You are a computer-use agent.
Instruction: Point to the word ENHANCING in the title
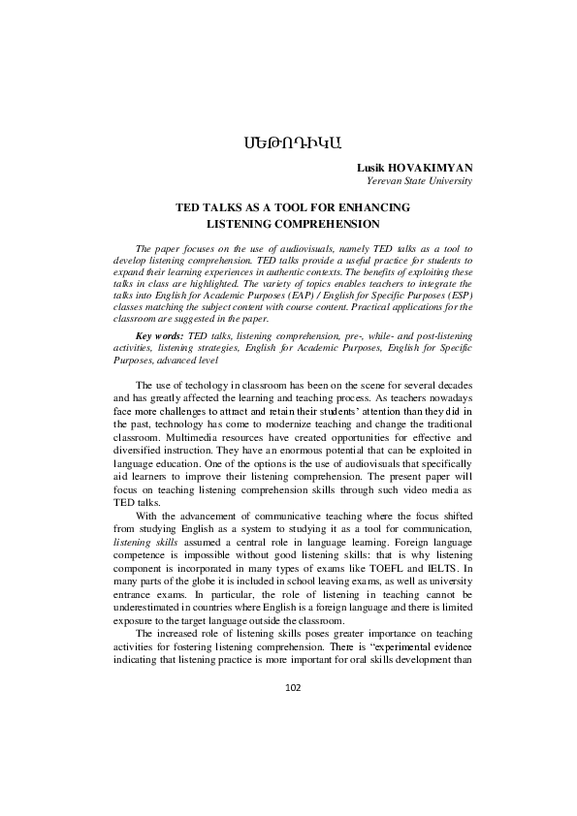pos(375,207)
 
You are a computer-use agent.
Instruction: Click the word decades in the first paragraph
pos(455,386)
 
